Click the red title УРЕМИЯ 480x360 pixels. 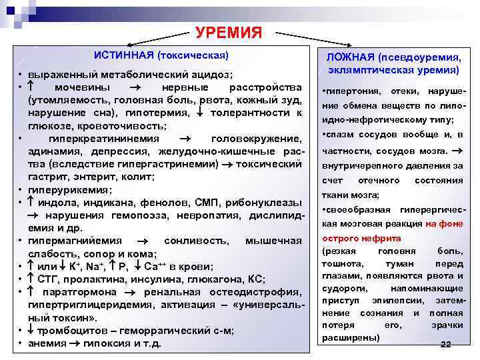[229, 33]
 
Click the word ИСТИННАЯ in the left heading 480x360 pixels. [122, 53]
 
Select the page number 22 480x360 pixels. [446, 343]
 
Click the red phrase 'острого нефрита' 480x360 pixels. [361, 238]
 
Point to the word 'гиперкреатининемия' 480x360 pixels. [104, 139]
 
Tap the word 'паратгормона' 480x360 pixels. [79, 291]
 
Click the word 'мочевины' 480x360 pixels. [79, 88]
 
